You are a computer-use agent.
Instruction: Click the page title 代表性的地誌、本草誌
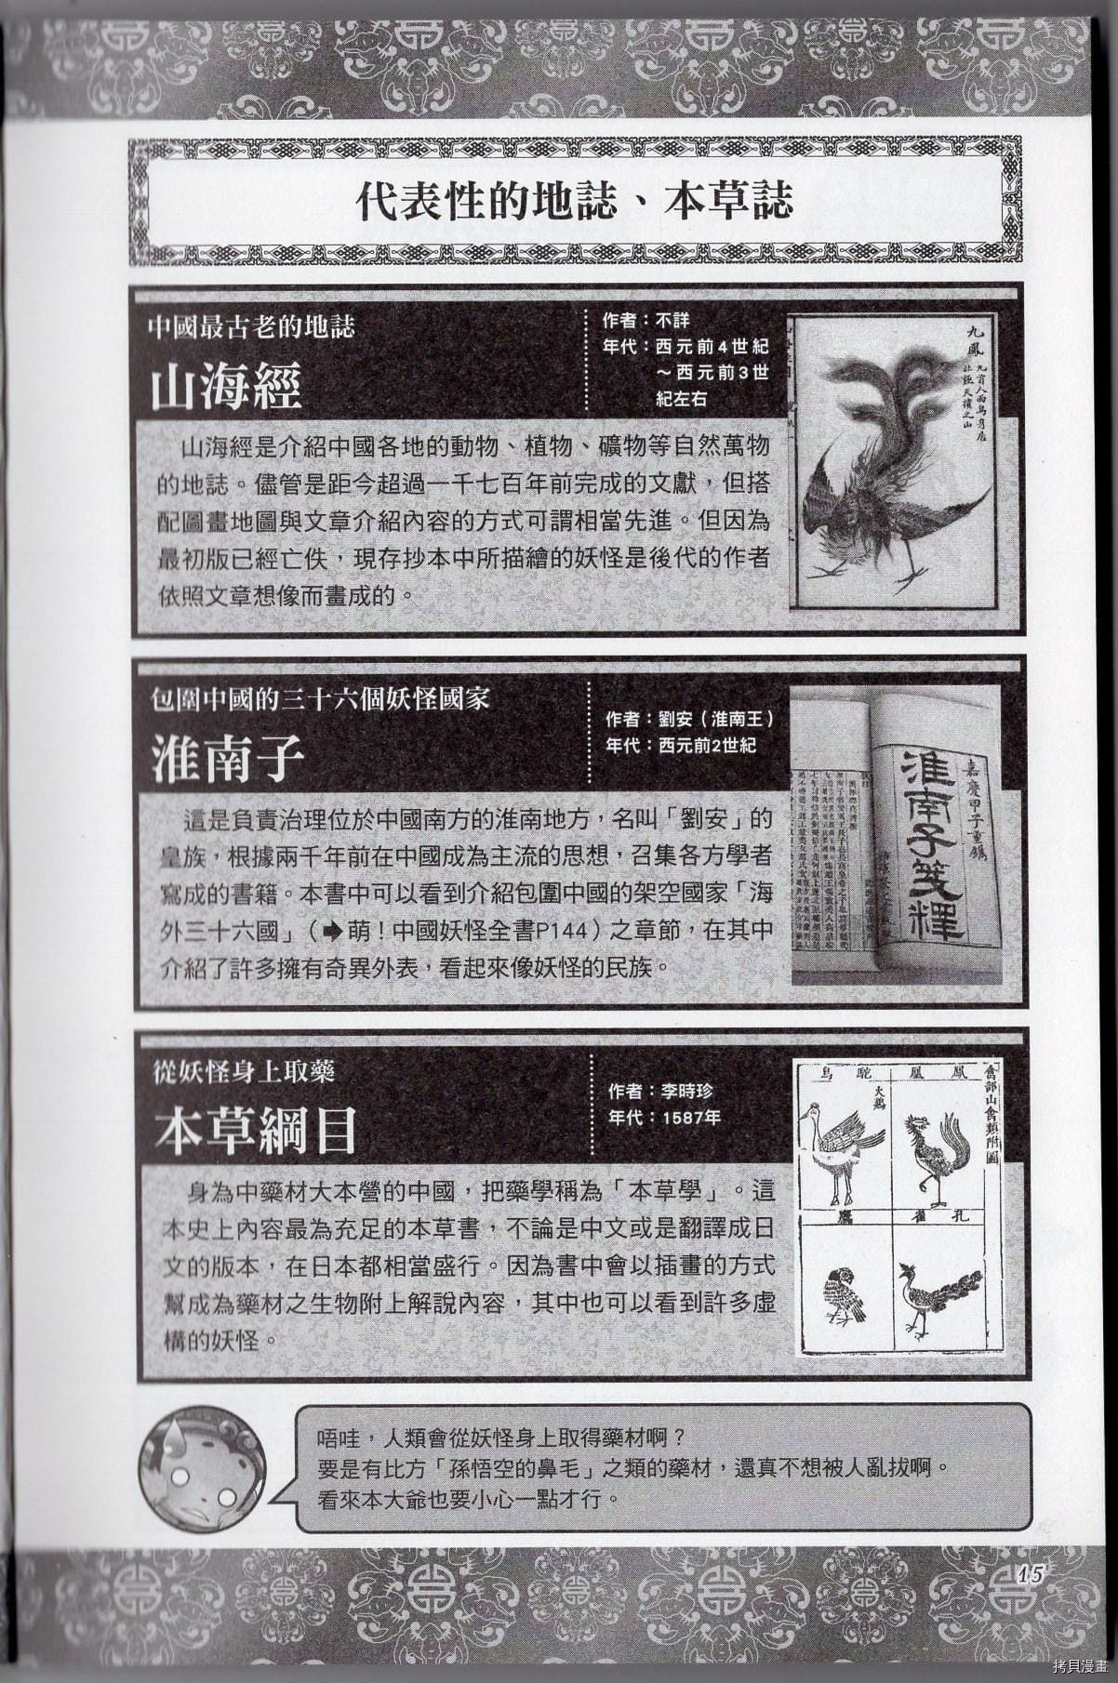tap(574, 202)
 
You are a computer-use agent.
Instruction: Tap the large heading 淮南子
tap(228, 759)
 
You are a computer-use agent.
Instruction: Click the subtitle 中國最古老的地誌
tap(251, 327)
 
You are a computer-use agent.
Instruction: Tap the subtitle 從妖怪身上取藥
tap(244, 1071)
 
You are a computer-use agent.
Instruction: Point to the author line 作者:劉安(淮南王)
tap(689, 720)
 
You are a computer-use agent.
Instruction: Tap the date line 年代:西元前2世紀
tap(680, 745)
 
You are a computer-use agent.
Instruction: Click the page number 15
tap(1033, 1574)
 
